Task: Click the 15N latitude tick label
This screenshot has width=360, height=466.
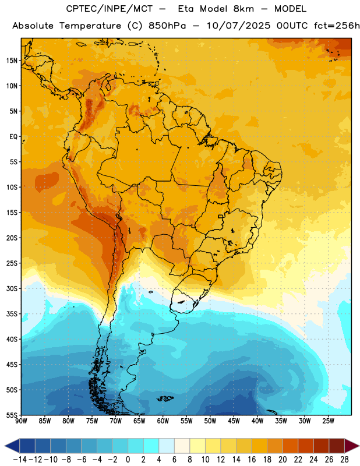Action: (x=12, y=61)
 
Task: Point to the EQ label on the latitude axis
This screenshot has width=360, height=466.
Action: (x=13, y=137)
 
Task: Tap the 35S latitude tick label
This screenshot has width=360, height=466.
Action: (x=12, y=314)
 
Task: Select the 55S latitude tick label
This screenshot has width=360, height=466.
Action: (x=12, y=415)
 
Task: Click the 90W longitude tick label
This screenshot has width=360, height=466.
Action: (x=22, y=421)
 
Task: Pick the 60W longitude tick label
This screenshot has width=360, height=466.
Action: (x=163, y=421)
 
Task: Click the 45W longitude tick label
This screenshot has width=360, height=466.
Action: (x=234, y=421)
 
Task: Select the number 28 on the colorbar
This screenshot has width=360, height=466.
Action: (x=344, y=460)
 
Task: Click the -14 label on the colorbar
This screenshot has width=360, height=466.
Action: (x=20, y=460)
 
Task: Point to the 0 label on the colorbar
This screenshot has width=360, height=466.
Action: (x=128, y=460)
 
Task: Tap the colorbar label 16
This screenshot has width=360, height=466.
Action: (x=252, y=460)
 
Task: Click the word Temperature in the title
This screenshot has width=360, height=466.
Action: (x=90, y=26)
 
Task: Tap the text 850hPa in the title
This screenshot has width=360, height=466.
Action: (x=167, y=26)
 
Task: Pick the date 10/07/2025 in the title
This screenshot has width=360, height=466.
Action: (x=239, y=26)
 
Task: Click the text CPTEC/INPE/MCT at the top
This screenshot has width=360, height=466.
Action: (x=109, y=9)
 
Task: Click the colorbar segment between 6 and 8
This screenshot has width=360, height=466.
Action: (x=182, y=446)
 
